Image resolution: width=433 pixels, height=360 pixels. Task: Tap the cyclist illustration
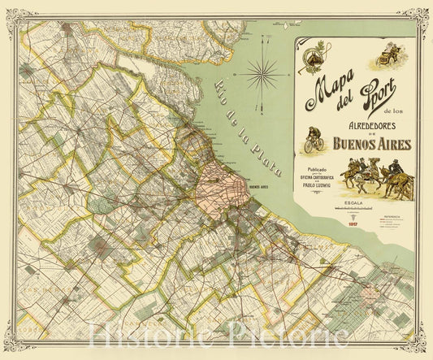pos(314,141)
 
